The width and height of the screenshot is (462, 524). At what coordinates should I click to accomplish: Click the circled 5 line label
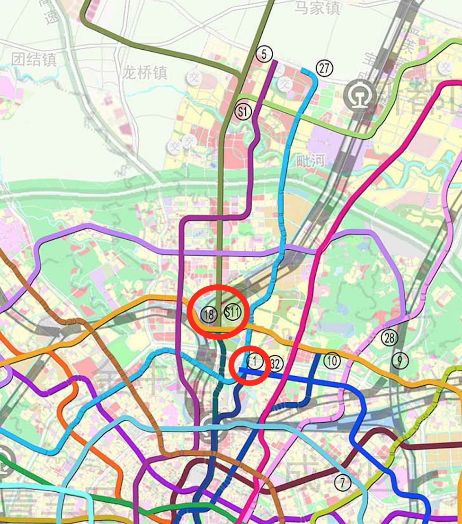tap(264, 54)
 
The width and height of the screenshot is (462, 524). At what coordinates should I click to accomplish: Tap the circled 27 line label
tap(324, 68)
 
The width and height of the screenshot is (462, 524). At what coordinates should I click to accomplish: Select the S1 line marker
tap(243, 112)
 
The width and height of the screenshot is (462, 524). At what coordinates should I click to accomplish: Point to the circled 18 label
tap(208, 314)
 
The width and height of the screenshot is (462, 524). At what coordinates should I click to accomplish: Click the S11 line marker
tap(232, 313)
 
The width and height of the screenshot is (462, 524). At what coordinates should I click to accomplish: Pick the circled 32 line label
tap(275, 364)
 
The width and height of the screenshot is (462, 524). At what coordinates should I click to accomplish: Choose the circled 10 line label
tap(332, 361)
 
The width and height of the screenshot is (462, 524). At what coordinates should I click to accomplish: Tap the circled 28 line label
tap(390, 338)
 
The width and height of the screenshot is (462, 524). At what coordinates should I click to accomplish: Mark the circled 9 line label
tap(400, 361)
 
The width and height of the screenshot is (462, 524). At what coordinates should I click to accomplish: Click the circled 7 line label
tap(343, 482)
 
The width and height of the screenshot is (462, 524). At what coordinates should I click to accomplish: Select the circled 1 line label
tap(255, 362)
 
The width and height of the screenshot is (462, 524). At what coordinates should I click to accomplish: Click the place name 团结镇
tap(34, 60)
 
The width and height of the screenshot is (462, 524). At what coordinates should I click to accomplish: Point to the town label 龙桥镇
tap(145, 72)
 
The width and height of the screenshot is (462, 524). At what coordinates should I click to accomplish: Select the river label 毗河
tap(311, 160)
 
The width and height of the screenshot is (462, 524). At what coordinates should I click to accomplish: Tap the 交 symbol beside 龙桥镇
tap(193, 76)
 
